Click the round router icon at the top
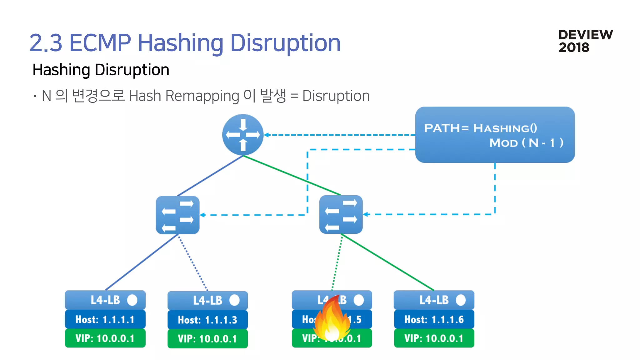tap(243, 135)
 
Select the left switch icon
tap(177, 215)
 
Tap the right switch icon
tap(341, 214)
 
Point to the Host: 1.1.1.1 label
tap(105, 319)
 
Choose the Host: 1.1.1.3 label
tap(207, 320)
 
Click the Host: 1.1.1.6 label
tap(434, 319)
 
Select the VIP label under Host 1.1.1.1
tap(105, 338)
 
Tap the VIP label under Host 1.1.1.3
tap(207, 339)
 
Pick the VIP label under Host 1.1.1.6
tap(434, 338)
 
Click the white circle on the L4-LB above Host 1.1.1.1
tap(132, 300)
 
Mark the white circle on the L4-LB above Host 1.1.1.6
tap(461, 300)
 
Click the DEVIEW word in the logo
tap(586, 35)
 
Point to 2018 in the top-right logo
tap(574, 47)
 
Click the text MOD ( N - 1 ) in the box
tap(526, 143)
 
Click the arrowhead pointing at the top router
tap(267, 135)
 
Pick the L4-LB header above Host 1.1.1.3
tap(207, 300)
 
